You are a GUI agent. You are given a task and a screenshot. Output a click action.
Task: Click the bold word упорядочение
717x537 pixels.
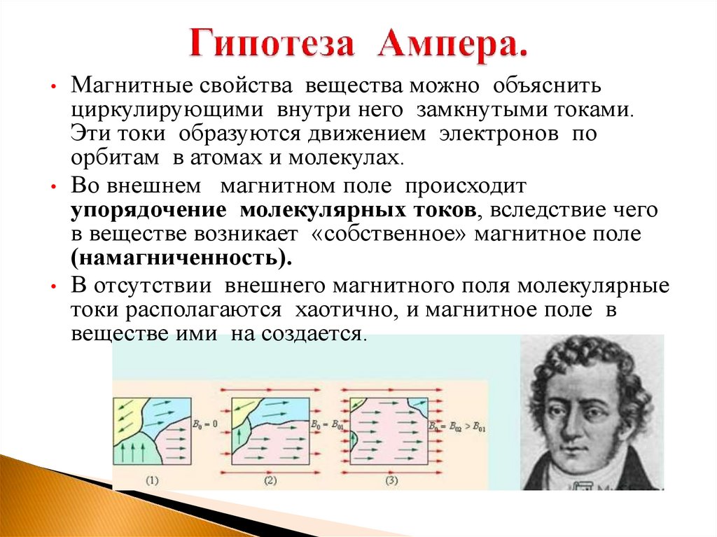click(x=147, y=210)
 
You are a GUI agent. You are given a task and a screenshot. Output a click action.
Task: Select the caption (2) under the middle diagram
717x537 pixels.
click(x=270, y=480)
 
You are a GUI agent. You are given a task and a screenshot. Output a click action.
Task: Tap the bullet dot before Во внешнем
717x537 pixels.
click(x=54, y=189)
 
